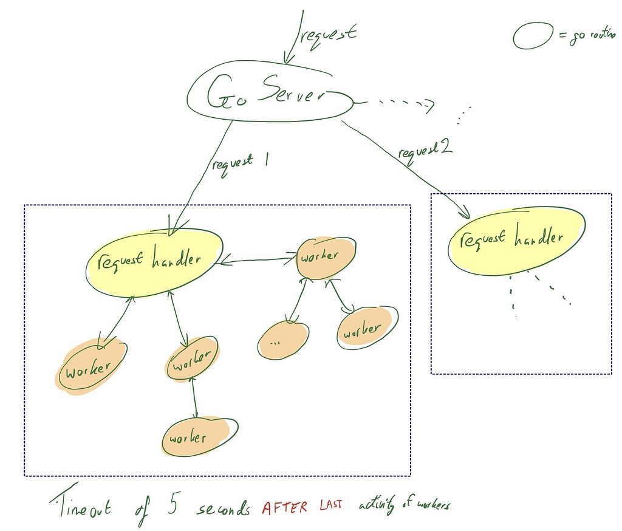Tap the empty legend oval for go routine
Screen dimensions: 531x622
pos(533,36)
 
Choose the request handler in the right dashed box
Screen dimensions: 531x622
pos(516,240)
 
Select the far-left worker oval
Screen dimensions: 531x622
pos(91,368)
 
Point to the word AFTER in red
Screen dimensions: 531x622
pos(285,508)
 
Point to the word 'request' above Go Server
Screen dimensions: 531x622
pos(328,35)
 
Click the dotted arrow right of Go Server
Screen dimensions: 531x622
pos(404,104)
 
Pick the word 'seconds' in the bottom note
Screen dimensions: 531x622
pos(223,509)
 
